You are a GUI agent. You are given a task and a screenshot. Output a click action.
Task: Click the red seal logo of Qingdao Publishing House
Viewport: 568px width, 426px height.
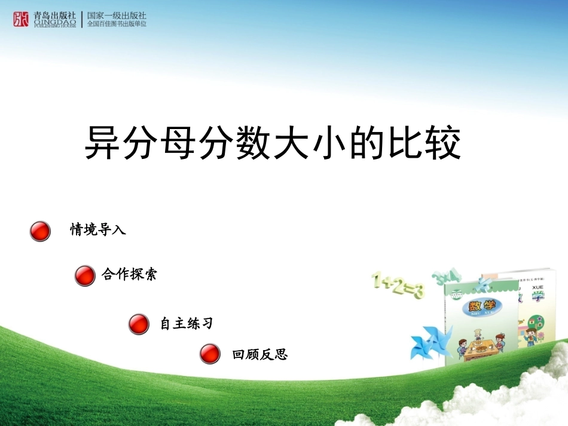21,19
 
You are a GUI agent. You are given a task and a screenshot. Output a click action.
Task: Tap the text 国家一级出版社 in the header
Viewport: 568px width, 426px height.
117,15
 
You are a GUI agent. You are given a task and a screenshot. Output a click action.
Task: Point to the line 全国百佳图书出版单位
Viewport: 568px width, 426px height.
117,24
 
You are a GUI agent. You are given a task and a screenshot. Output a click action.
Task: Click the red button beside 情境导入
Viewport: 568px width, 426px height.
40,231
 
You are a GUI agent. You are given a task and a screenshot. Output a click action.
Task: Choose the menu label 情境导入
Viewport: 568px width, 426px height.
98,229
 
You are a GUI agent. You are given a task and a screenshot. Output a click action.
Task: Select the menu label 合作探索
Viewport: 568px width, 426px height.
129,274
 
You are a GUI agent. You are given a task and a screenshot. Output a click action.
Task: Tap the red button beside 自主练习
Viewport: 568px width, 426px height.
139,324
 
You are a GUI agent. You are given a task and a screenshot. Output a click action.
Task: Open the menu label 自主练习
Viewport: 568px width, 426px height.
187,324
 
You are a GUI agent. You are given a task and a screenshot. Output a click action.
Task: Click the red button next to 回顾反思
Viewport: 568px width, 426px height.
210,354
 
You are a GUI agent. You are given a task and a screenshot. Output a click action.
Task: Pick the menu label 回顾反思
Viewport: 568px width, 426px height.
260,355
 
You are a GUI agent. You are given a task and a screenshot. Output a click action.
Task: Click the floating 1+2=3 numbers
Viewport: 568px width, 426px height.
398,285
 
